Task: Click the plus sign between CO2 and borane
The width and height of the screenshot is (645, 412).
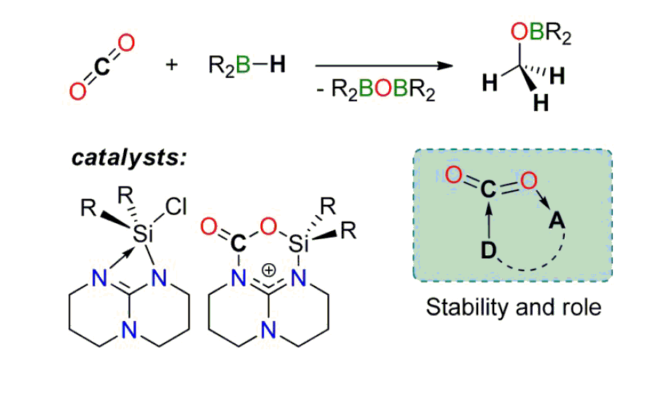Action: point(172,65)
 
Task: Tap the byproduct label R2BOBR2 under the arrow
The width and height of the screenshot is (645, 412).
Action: point(380,90)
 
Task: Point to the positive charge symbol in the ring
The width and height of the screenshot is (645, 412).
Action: point(268,271)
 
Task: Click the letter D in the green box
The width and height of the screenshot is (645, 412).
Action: point(487,250)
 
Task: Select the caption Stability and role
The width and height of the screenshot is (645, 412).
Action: point(514,307)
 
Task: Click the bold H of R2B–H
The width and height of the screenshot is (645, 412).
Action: point(277,65)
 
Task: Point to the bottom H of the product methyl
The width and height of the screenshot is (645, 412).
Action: point(540,104)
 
